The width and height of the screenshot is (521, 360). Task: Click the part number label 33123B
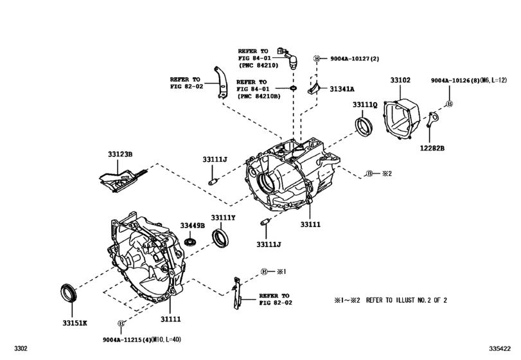click(x=119, y=154)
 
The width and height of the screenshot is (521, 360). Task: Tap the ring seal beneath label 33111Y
click(x=220, y=240)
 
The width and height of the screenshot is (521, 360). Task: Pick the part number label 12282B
click(x=433, y=148)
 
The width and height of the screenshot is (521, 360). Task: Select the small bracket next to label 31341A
click(x=315, y=87)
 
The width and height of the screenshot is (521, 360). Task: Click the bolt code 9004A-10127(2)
click(x=355, y=59)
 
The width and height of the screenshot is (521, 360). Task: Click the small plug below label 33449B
click(x=190, y=242)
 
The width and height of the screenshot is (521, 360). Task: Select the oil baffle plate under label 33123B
click(x=122, y=176)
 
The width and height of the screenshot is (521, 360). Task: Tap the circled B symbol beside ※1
click(x=263, y=272)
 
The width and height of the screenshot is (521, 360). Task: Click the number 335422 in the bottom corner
click(x=504, y=348)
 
